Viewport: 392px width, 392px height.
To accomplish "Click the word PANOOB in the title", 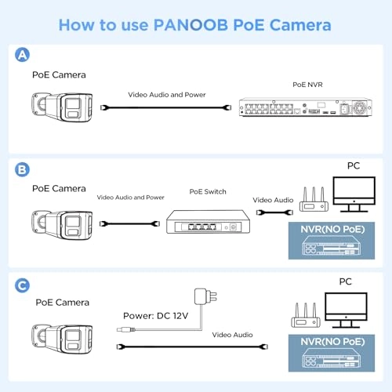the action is (191, 25).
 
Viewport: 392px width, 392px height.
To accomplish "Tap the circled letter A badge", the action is (22, 55).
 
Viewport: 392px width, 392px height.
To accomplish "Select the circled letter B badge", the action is (22, 169).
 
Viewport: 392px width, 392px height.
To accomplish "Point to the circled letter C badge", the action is (22, 285).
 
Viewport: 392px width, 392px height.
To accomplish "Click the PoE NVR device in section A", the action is (306, 107).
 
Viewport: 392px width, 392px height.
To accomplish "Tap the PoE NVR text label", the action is (307, 85).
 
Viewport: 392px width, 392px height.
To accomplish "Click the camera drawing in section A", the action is (62, 107).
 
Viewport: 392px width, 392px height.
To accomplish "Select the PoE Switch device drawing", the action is (208, 222).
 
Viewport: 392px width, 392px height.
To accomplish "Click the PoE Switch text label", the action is (208, 191).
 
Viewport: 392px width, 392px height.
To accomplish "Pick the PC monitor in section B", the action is (354, 194).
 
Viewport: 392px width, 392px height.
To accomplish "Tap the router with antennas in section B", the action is (314, 199).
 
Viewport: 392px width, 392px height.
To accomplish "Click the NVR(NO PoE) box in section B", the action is (332, 241).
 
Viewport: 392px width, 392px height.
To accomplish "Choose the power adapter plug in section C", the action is (205, 296).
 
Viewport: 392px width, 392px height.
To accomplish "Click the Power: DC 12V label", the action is (156, 316).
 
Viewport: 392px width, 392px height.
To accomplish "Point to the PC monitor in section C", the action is (346, 310).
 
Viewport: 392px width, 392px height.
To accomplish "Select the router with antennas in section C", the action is (306, 315).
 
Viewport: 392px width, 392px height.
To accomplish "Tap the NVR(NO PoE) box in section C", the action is (332, 353).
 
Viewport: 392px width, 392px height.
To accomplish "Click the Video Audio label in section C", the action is (232, 335).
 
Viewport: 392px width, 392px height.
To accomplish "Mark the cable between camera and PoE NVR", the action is (166, 107).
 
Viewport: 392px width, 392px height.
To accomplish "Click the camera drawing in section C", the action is (62, 339).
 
